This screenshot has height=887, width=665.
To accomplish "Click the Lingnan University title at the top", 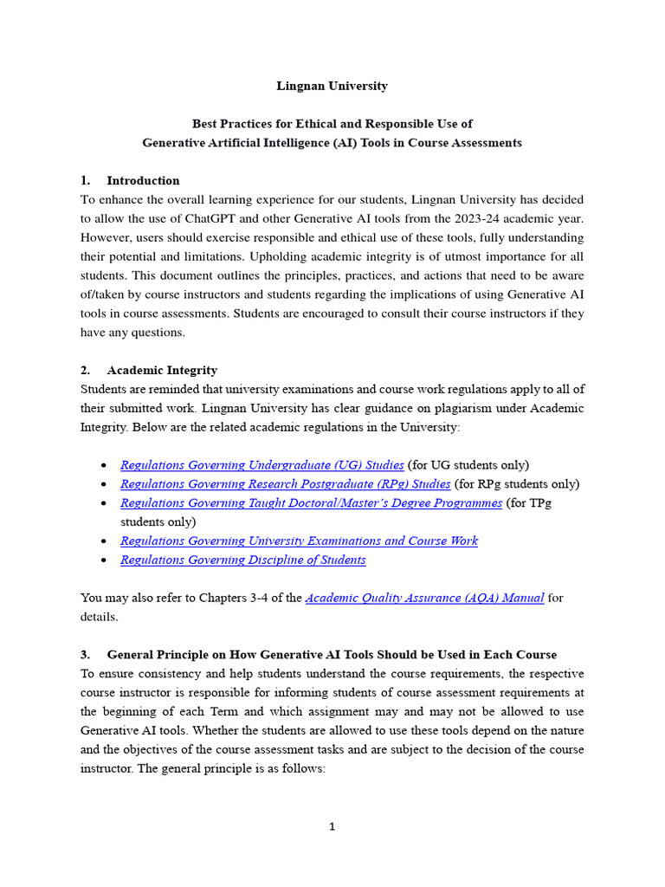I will [x=332, y=86].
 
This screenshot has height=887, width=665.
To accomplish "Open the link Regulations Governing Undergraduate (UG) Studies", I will [x=261, y=465].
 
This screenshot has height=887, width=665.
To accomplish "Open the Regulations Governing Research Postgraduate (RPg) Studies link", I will [x=285, y=484].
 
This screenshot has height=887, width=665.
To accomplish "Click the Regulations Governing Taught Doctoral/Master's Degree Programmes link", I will [x=311, y=503].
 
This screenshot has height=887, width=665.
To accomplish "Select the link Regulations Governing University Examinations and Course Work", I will [x=299, y=541].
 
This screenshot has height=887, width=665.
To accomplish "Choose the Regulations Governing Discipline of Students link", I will [x=242, y=560].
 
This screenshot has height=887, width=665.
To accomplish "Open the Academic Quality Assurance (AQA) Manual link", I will [x=424, y=598].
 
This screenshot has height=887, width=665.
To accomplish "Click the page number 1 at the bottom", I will [x=332, y=827].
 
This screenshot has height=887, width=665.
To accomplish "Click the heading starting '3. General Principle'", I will [x=319, y=654].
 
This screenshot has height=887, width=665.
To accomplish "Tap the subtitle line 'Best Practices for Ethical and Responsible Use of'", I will [x=332, y=124].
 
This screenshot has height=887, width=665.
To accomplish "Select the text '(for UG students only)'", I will [x=468, y=465].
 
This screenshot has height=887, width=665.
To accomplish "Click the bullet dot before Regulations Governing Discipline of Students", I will [x=104, y=560].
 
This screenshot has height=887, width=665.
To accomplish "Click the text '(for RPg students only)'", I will [x=517, y=484].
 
